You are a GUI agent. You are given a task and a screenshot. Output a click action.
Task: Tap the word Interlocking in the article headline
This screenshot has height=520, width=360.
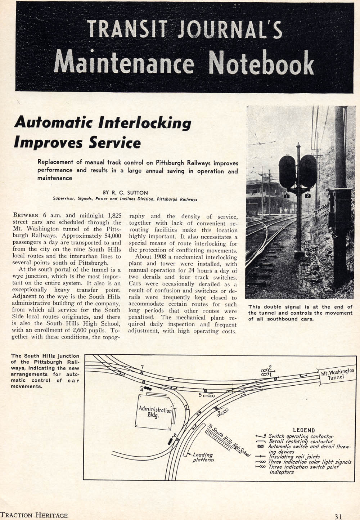[145, 123]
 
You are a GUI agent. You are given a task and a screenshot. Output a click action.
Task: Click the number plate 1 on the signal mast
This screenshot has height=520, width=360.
[287, 196]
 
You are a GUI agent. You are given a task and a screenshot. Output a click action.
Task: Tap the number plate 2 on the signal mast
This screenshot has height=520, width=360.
[308, 196]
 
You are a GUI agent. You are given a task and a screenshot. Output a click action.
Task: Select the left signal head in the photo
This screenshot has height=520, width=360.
[287, 171]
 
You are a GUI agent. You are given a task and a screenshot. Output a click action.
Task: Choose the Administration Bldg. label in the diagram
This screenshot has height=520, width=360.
[155, 412]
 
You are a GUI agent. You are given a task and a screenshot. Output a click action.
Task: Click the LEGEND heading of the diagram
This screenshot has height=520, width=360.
[304, 430]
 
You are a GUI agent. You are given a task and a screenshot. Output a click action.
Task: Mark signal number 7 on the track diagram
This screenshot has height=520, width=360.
[142, 367]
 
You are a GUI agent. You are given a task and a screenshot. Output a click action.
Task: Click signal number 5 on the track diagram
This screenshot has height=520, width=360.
[201, 395]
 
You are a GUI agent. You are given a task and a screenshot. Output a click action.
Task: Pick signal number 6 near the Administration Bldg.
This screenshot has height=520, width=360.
[175, 435]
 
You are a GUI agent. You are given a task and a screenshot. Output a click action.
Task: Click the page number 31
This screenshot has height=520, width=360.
[338, 516]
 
